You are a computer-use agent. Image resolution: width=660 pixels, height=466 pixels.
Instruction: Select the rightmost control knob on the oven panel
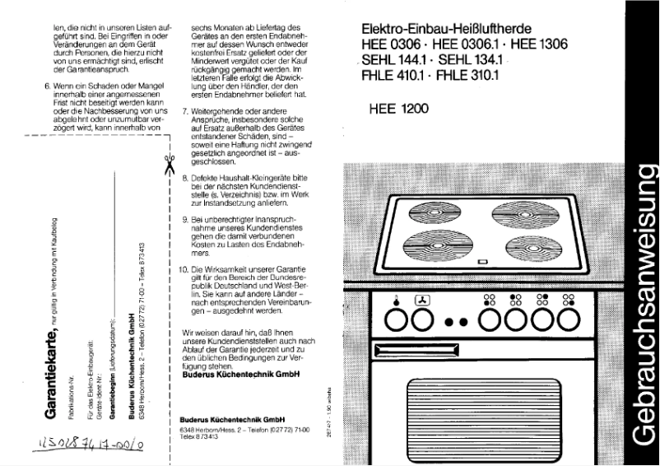click(568, 318)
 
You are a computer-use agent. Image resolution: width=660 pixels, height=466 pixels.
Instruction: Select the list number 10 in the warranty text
click(184, 270)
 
